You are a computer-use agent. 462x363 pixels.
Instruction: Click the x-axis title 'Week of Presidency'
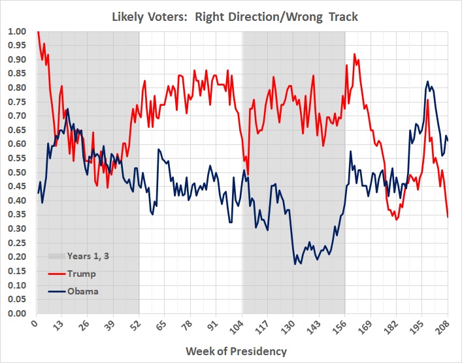point(236,351)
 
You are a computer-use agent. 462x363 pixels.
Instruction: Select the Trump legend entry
point(80,274)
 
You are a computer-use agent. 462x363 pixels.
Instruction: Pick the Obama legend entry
point(82,291)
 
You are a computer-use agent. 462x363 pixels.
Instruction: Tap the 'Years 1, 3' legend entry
point(87,256)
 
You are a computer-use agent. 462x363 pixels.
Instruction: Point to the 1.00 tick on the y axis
point(18,31)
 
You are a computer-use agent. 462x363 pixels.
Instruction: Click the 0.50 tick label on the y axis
point(18,172)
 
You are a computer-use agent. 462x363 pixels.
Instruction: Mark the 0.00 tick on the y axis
point(18,313)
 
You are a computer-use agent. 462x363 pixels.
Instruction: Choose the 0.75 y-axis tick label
point(18,102)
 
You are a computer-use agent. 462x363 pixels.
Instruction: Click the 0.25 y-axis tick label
point(18,243)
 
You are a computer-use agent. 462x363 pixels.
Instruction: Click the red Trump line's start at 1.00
point(38,31)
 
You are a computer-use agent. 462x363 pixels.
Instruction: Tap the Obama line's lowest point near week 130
point(295,264)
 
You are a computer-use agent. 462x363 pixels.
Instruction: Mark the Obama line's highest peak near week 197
point(428,82)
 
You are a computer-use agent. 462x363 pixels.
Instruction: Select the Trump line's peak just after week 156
point(355,54)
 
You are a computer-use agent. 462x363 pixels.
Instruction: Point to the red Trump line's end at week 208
point(448,217)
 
